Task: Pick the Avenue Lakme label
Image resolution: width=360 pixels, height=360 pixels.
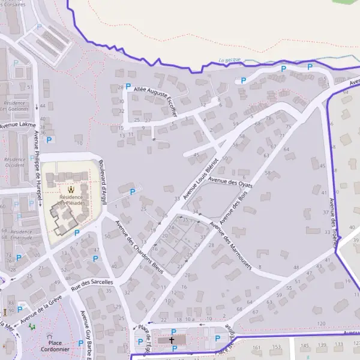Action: pos(17,125)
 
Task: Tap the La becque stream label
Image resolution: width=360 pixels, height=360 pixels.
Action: pos(230,60)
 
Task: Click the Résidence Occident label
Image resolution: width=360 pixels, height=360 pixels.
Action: pos(15,161)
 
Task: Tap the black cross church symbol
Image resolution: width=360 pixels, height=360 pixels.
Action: pos(172,340)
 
